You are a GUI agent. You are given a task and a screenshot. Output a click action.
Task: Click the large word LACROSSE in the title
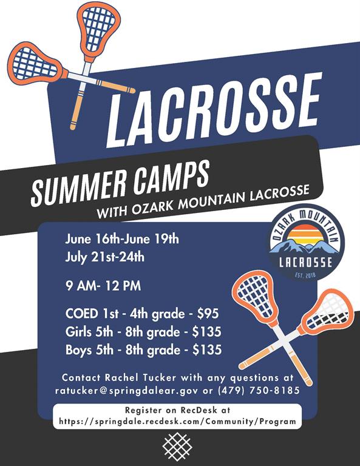pyautogui.click(x=214, y=110)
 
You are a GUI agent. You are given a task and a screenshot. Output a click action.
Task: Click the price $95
pyautogui.click(x=208, y=314)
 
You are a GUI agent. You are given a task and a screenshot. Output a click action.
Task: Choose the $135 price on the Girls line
pyautogui.click(x=206, y=332)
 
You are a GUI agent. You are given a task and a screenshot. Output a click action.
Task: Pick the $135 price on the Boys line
pyautogui.click(x=207, y=349)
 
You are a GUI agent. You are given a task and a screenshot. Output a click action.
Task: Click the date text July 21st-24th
pyautogui.click(x=104, y=257)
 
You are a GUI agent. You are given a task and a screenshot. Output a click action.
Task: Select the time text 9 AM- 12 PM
pyautogui.click(x=103, y=286)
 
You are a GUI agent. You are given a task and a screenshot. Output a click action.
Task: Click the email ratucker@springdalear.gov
pyautogui.click(x=126, y=391)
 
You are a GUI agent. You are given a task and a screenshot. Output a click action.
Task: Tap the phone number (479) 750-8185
pyautogui.click(x=259, y=390)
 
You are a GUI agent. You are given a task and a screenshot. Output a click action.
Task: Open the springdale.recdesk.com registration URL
pyautogui.click(x=177, y=422)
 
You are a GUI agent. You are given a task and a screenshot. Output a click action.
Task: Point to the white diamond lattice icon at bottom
pyautogui.click(x=177, y=447)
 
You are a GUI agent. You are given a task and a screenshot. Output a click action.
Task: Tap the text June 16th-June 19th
pyautogui.click(x=122, y=239)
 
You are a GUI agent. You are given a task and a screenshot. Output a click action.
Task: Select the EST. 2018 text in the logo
pyautogui.click(x=305, y=275)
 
